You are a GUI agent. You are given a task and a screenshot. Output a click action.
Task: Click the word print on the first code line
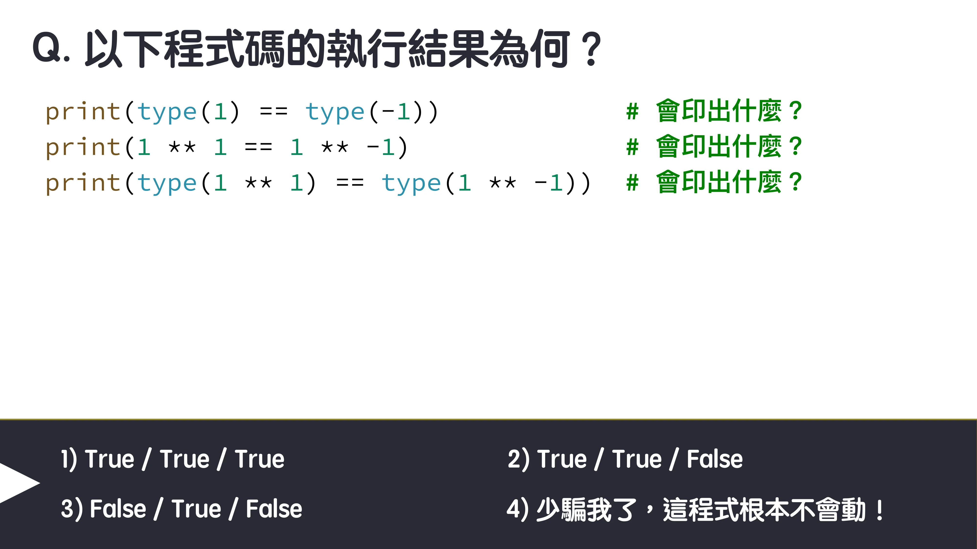coord(83,112)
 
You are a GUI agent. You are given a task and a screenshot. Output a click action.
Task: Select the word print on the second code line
coord(83,148)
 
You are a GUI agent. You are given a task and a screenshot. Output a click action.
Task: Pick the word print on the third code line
coord(83,183)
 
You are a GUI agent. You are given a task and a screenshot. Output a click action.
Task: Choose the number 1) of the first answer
coord(69,459)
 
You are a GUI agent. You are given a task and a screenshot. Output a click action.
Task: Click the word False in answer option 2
coord(714,459)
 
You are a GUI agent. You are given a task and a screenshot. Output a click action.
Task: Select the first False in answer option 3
coord(118,509)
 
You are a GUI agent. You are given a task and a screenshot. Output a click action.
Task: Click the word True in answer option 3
coord(196,509)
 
